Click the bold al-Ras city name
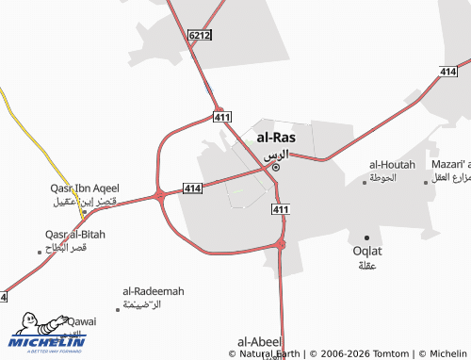[x=275, y=137]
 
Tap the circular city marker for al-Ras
[x=275, y=168]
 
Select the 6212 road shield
[x=200, y=35]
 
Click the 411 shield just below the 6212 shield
[x=222, y=117]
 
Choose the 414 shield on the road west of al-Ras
[x=192, y=188]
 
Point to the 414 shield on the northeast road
[x=448, y=72]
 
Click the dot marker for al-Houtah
[x=365, y=181]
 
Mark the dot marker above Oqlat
[x=366, y=237]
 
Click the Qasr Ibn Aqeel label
[x=84, y=188]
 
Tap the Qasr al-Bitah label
[x=75, y=234]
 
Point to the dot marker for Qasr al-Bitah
[x=40, y=252]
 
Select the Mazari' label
[x=450, y=164]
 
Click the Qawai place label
[x=82, y=321]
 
